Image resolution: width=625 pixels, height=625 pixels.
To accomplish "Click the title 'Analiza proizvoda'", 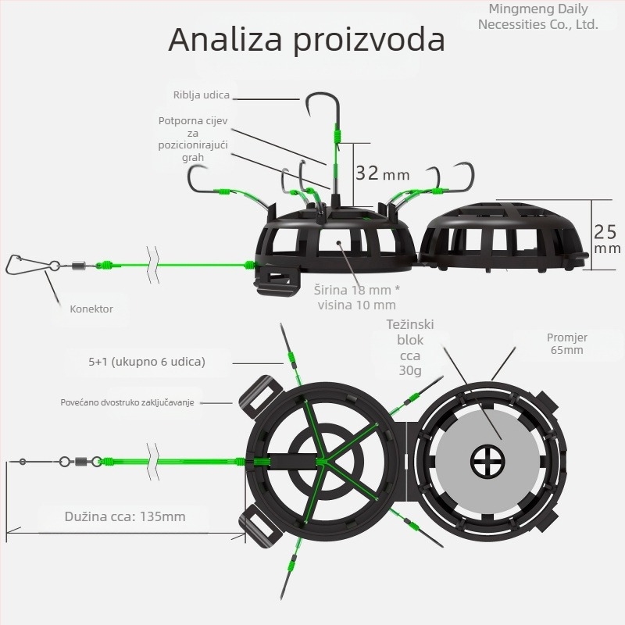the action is pos(306,40).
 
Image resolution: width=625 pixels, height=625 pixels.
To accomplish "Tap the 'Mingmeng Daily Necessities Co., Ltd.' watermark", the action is pos(538,16).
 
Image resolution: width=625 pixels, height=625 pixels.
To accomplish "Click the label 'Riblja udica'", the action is pos(202,95).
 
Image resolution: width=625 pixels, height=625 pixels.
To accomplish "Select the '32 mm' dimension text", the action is pos(382,173).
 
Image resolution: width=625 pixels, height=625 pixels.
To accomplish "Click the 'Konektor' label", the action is pos(91,309).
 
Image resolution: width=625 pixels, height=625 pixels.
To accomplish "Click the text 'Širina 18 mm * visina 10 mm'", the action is pos(357,298).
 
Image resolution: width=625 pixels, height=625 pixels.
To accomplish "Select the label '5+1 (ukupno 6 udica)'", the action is pos(147,362).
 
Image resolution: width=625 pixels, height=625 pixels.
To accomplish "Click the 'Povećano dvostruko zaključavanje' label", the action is pos(127,402).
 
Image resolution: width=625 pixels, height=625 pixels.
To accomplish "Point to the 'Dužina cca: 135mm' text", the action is pos(125,516).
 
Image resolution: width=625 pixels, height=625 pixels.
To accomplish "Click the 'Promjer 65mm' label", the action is pos(567,344).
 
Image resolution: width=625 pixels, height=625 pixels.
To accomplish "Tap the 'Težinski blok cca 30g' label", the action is pos(409,347).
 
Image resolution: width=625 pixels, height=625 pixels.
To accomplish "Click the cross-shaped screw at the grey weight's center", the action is pos(487,462).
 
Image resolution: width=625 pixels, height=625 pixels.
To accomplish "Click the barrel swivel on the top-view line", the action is pos(82,462).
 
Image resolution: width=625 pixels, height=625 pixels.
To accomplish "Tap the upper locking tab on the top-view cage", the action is pos(261,397).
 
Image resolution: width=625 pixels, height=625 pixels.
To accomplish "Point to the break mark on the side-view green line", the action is pos(153,265).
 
